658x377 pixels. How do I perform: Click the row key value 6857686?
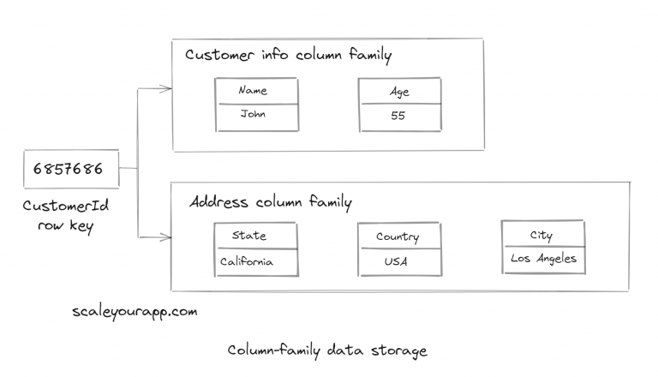(68, 169)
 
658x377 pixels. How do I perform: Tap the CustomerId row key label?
(66, 214)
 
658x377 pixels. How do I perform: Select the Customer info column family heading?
(288, 57)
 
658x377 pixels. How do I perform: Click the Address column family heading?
(270, 203)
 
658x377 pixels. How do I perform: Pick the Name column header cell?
(254, 91)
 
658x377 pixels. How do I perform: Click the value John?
(254, 114)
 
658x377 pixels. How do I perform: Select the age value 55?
(398, 116)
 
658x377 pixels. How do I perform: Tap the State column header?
(249, 236)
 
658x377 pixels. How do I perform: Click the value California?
(248, 261)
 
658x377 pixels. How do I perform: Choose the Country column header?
(398, 236)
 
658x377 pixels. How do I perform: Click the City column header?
(541, 235)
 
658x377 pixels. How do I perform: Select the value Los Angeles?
(543, 259)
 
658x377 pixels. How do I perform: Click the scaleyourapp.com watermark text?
(135, 312)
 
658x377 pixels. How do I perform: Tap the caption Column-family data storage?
(327, 351)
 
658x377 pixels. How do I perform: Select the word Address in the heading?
(218, 203)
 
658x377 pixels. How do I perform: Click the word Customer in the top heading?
(219, 57)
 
